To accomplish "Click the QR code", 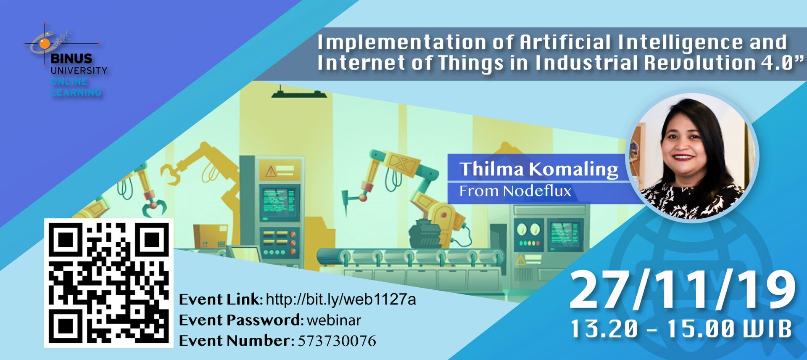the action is (108, 283).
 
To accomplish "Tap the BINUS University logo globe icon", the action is (44, 43).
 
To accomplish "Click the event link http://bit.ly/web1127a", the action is (341, 299).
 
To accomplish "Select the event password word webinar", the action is (334, 320).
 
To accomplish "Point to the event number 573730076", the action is (337, 341).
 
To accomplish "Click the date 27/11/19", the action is (683, 290).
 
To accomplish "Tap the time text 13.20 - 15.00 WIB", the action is (681, 329).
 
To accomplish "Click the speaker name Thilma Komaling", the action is (539, 169).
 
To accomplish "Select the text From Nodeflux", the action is (515, 191).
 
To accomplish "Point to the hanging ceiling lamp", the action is (299, 92).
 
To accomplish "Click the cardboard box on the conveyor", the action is (210, 236).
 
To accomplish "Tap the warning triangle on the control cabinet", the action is (270, 171).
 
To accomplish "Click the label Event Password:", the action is (241, 320).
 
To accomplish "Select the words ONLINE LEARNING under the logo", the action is (76, 87).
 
